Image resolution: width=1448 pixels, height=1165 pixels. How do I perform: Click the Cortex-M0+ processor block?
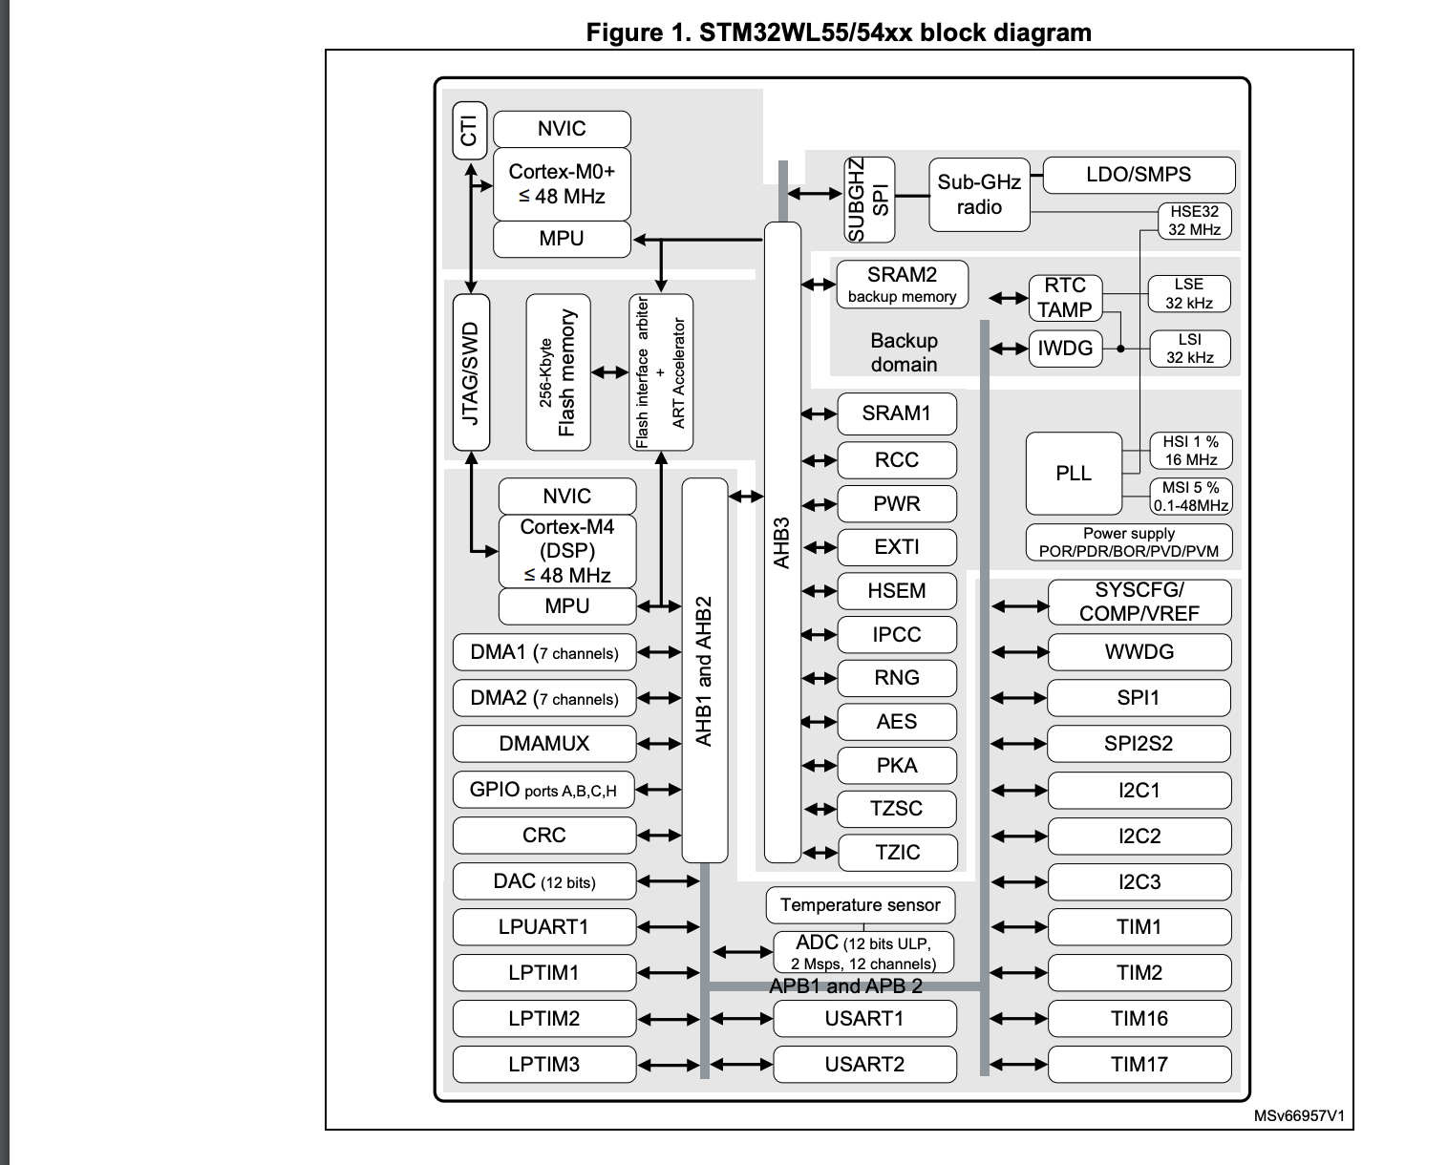(562, 183)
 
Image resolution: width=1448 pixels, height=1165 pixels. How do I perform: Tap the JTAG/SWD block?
(470, 372)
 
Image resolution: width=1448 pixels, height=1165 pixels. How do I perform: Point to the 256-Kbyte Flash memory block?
(558, 372)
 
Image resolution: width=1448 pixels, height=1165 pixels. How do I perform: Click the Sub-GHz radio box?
(979, 195)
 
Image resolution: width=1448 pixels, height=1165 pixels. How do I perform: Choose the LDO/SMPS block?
(1139, 175)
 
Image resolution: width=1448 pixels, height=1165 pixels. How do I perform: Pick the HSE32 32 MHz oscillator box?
(1194, 221)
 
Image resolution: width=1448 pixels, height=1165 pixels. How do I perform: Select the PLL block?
(1074, 474)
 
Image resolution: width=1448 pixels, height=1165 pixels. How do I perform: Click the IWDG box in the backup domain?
(1065, 349)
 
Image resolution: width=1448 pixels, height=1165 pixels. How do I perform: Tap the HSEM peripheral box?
(896, 591)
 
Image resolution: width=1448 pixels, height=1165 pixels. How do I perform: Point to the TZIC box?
(897, 853)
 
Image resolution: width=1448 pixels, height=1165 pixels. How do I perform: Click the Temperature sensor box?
(860, 905)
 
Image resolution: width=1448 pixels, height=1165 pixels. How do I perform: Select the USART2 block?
(864, 1065)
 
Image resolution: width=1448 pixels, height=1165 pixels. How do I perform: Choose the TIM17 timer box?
(1139, 1065)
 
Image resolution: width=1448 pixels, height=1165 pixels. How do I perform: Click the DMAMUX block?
(543, 744)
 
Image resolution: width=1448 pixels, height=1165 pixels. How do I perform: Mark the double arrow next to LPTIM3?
(669, 1065)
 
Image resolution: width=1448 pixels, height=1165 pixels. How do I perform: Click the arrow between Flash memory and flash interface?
(609, 372)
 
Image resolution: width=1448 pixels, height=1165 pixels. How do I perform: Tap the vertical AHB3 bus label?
(782, 544)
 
